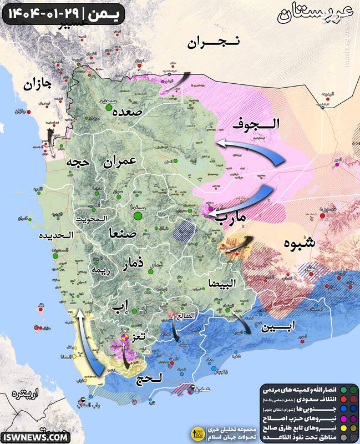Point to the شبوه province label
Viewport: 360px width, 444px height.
(300, 243)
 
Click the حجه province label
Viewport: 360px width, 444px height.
(78, 163)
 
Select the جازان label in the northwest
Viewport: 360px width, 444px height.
(38, 85)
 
